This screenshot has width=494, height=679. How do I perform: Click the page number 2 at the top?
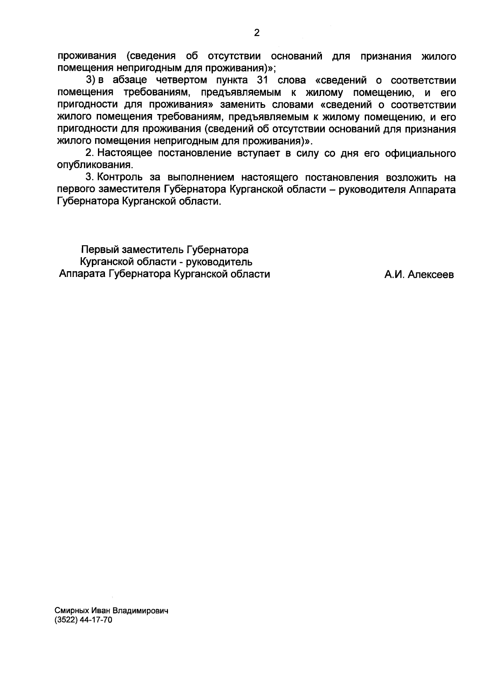point(256,33)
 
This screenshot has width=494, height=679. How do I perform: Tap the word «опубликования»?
point(95,166)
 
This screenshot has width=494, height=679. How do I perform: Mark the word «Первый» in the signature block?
point(98,250)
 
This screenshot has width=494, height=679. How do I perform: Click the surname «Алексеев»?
point(431,275)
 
